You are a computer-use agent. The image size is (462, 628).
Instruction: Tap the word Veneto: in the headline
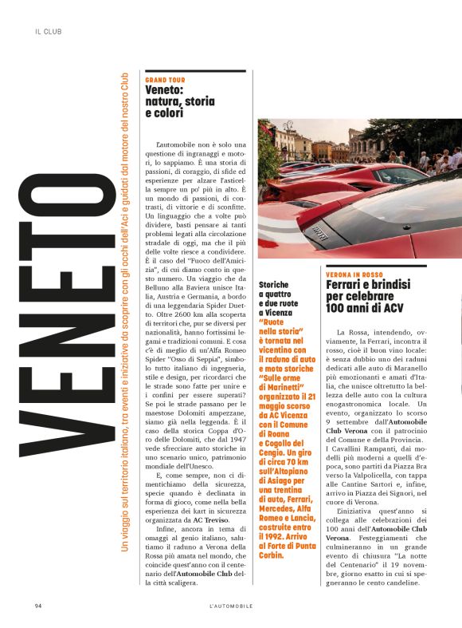(x=165, y=90)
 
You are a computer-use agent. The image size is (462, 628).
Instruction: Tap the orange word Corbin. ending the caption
(x=275, y=577)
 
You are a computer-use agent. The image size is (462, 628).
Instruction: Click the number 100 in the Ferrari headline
(x=339, y=307)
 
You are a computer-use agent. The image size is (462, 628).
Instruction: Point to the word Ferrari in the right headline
(x=345, y=285)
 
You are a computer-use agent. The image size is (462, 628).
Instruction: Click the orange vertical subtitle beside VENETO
(x=123, y=319)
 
